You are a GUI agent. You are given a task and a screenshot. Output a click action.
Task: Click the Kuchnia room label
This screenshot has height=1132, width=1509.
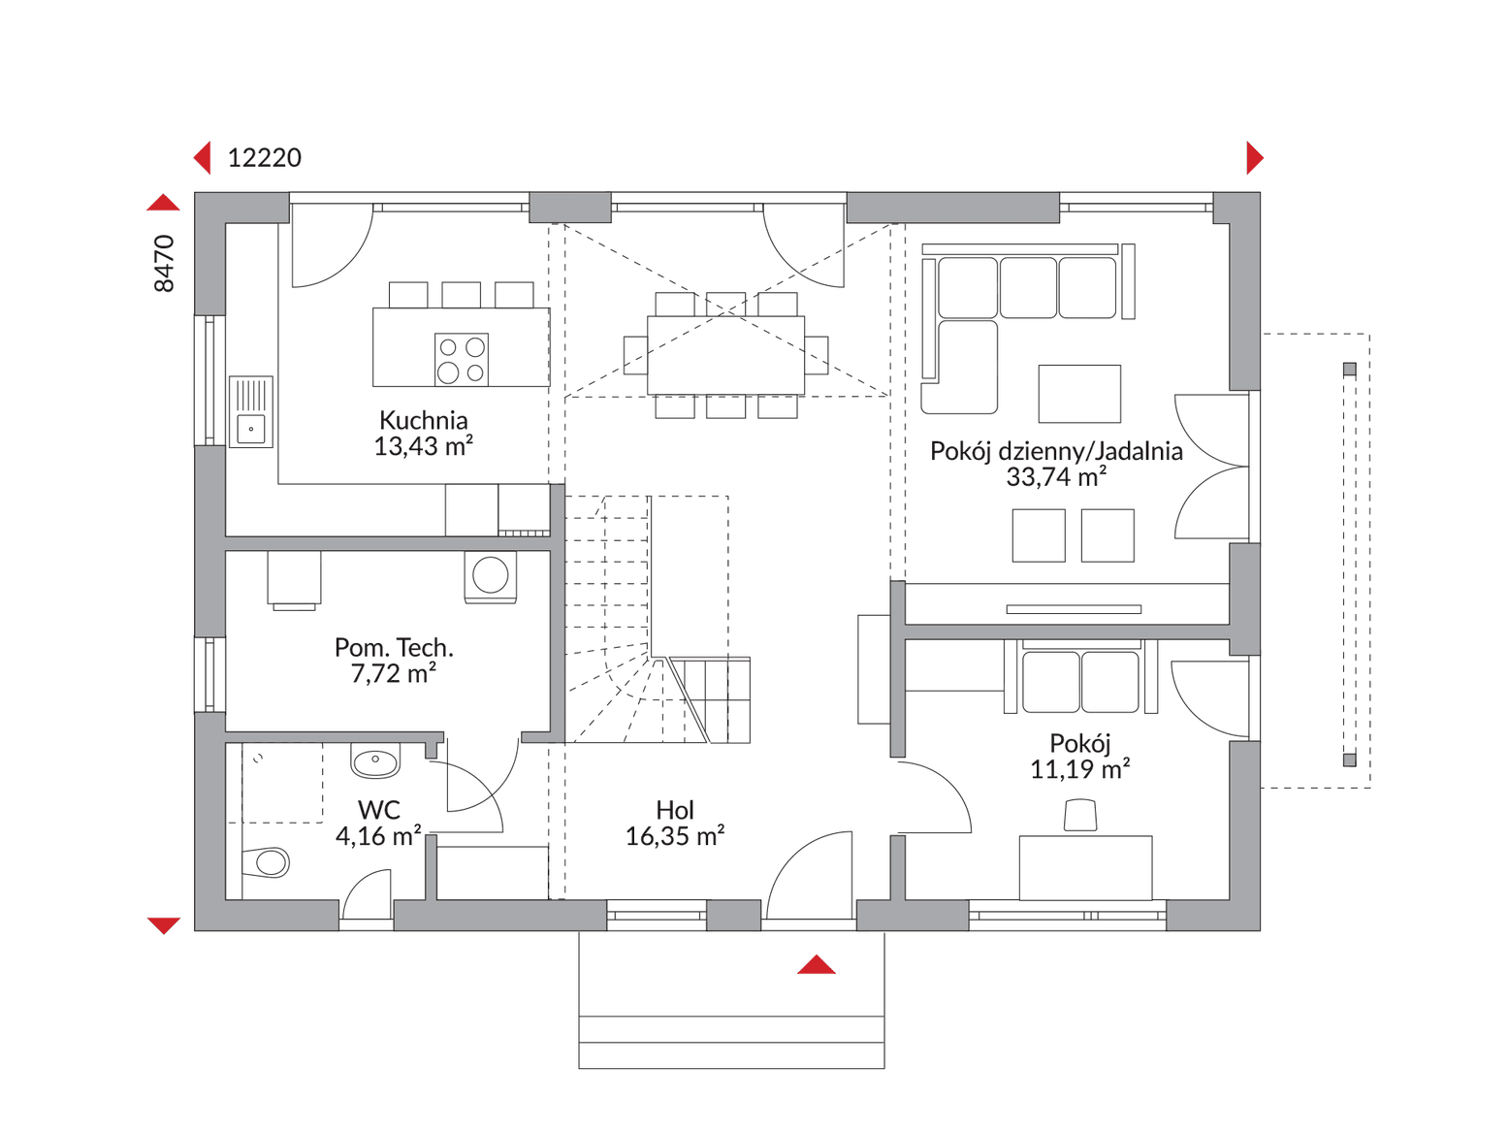click(x=424, y=419)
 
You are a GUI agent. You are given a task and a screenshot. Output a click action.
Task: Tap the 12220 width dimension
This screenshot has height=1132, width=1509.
click(x=264, y=158)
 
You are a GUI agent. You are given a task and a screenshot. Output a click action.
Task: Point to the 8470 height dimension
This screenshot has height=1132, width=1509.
click(x=164, y=263)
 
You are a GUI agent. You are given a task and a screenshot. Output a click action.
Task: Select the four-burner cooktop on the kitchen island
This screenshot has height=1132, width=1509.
click(x=462, y=360)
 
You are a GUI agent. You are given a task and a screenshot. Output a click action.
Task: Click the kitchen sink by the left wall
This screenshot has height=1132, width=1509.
click(x=251, y=412)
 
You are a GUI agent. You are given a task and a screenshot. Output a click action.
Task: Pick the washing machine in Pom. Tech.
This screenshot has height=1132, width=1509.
click(x=490, y=576)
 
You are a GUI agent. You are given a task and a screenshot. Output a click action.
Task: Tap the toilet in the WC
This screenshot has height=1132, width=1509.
click(x=266, y=862)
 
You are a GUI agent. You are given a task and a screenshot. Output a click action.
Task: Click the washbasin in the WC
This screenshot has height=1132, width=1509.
click(x=375, y=760)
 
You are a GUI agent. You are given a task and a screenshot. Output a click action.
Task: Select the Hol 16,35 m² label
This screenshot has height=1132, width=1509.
click(x=674, y=823)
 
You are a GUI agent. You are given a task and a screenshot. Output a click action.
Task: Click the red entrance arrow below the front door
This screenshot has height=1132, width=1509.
click(x=816, y=964)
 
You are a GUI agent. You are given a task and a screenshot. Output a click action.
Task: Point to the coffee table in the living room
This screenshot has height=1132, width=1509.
click(x=1079, y=394)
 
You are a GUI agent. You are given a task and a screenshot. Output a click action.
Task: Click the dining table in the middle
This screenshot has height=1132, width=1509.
click(x=726, y=355)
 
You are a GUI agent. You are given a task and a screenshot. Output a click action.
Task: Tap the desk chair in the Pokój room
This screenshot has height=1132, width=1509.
click(x=1080, y=815)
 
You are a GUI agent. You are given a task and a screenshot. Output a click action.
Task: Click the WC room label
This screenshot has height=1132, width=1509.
click(x=379, y=810)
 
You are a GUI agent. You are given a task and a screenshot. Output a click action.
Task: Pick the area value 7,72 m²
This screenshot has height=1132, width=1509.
click(x=394, y=673)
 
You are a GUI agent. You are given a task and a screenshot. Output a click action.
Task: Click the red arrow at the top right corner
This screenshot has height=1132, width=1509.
click(x=1255, y=158)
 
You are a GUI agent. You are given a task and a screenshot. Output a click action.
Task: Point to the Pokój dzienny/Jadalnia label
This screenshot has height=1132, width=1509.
click(x=1056, y=451)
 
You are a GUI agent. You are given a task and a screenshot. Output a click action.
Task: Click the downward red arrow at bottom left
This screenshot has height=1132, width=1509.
click(x=164, y=925)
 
